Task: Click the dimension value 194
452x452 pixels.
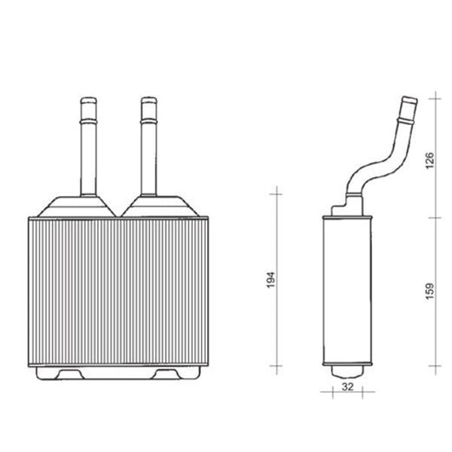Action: (272, 279)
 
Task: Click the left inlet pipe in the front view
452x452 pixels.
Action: (89, 151)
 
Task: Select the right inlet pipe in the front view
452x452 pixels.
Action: (148, 151)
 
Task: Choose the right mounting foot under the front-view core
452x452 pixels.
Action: (173, 372)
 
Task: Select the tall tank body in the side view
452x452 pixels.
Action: (347, 290)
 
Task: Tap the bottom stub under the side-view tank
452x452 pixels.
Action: (347, 371)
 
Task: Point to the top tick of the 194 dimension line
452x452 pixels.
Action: (277, 194)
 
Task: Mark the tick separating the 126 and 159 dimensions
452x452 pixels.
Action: (435, 218)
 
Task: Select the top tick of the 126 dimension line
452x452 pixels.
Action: (435, 97)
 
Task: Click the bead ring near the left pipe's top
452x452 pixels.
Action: (89, 117)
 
